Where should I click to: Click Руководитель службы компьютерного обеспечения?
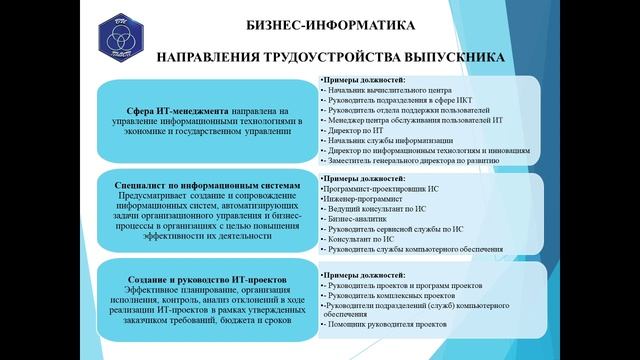[x=400, y=251]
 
